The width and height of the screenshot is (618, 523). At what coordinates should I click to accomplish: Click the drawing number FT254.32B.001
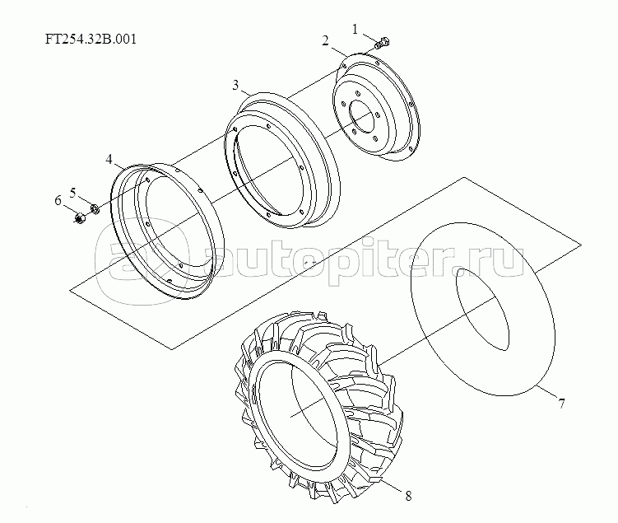[91, 39]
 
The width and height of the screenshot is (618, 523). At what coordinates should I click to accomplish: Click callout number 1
[355, 29]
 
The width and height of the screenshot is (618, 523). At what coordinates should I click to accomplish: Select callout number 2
[325, 40]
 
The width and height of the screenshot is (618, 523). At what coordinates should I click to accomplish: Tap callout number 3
[235, 85]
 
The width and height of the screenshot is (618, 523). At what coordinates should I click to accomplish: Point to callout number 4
[109, 159]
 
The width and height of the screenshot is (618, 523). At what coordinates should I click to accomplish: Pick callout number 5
[73, 193]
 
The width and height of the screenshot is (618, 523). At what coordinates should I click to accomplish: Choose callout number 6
[58, 201]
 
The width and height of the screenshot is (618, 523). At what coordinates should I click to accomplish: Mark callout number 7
[561, 404]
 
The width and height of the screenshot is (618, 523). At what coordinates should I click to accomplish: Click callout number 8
[408, 496]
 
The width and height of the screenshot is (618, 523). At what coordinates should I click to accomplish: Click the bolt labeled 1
[382, 43]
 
